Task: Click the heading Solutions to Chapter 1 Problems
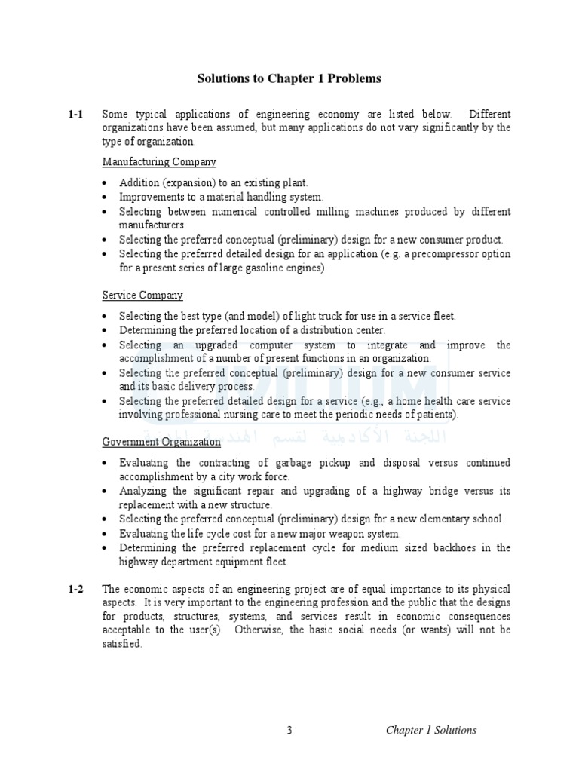(289, 78)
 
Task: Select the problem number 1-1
(75, 115)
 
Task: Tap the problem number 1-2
(75, 589)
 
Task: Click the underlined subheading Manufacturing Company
(159, 162)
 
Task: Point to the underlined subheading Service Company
(142, 296)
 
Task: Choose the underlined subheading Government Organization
(161, 442)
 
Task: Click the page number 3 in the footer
(289, 730)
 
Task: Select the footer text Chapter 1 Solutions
(431, 730)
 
